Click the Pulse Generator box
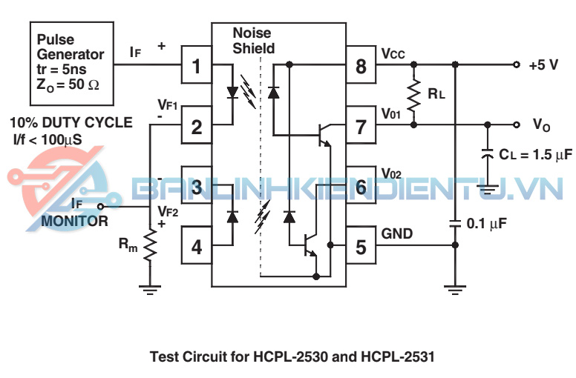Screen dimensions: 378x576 [x=71, y=59]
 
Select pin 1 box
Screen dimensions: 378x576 [x=197, y=67]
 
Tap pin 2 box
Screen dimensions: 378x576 [x=197, y=126]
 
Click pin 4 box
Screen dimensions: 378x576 [x=197, y=246]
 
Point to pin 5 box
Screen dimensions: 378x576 [x=361, y=246]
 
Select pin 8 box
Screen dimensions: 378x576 [x=361, y=67]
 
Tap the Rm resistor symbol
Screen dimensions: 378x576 [x=151, y=245]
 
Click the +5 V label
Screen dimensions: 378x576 [x=543, y=65]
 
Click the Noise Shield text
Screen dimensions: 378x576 [x=253, y=42]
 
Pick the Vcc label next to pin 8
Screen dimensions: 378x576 [x=393, y=54]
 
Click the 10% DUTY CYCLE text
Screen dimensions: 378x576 [x=71, y=122]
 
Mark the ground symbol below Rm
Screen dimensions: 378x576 [x=151, y=289]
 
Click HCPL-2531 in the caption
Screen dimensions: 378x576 [x=393, y=357]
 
